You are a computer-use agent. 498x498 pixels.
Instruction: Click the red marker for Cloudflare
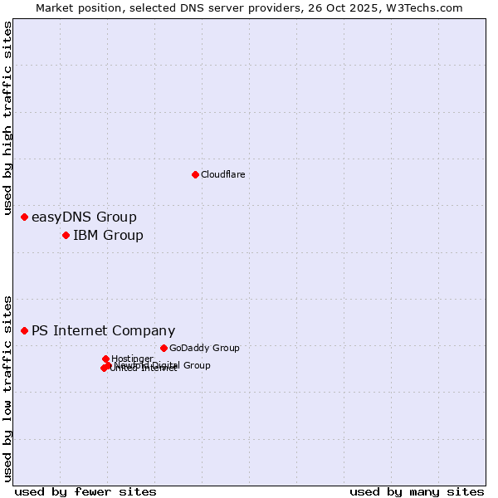(195, 174)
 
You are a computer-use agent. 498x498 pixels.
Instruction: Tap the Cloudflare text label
(222, 174)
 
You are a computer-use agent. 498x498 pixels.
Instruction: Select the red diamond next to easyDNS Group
(24, 217)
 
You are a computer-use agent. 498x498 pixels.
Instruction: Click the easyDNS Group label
(84, 217)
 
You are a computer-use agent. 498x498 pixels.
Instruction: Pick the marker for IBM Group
(66, 235)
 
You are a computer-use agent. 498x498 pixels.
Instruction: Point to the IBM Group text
(108, 236)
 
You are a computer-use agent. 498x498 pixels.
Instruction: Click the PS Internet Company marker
(24, 330)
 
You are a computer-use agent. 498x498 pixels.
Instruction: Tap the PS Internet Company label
(103, 331)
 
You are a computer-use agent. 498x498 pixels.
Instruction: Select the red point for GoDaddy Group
(164, 348)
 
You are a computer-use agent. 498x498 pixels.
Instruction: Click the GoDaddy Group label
(204, 349)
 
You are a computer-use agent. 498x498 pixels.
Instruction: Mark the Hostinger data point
(105, 359)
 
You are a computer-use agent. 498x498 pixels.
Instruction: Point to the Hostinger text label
(132, 359)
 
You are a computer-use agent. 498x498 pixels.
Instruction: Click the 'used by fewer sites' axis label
(85, 492)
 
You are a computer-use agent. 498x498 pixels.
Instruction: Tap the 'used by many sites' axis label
(417, 492)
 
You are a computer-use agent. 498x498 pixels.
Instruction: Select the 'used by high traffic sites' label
(8, 119)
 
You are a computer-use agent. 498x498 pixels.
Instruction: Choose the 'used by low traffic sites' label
(8, 388)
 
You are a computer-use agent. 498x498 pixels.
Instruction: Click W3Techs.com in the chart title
(428, 7)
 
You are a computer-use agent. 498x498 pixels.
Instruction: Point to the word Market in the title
(56, 7)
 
